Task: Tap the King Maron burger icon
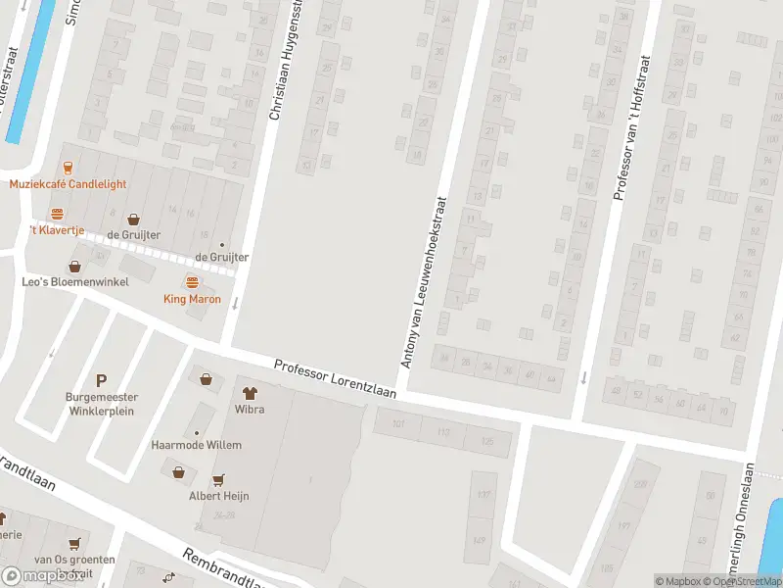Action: coord(192,281)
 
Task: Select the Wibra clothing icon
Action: coord(249,393)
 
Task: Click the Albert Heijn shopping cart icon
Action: coord(218,479)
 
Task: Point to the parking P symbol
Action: coord(100,380)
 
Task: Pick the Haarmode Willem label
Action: coord(196,445)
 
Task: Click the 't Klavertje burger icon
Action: coord(57,214)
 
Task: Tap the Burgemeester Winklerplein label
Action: coord(100,404)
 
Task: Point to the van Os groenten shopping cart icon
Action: coord(74,543)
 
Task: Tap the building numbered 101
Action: coord(397,424)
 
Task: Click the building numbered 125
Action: coord(486,442)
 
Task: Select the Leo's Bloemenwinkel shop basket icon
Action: coord(74,267)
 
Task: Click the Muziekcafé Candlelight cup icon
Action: coord(68,167)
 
